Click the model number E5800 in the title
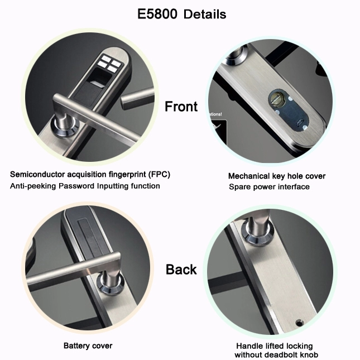point(157,14)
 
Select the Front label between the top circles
point(181,106)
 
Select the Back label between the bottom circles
point(181,270)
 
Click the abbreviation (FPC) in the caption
point(160,175)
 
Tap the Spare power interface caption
point(269,186)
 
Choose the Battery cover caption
point(88,345)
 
